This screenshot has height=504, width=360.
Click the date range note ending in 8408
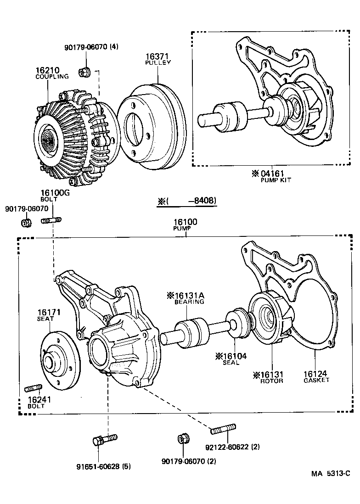[187, 201]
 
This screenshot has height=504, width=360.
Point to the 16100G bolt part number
[55, 193]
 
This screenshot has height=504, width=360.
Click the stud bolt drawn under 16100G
[51, 221]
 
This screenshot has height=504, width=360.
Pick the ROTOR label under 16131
[271, 381]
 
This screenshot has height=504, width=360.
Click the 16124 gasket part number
[316, 374]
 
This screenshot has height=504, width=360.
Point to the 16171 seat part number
[49, 312]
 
